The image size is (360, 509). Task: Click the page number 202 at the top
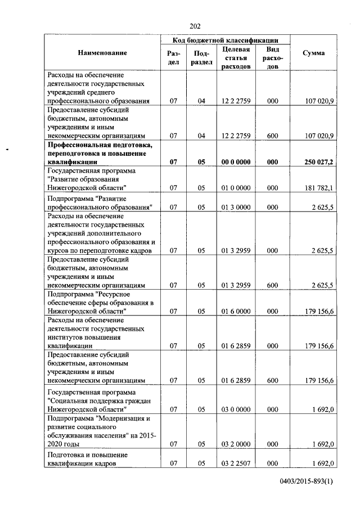pyautogui.click(x=195, y=26)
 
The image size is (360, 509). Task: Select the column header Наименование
pyautogui.click(x=102, y=53)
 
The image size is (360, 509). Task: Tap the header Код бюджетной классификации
pyautogui.click(x=226, y=40)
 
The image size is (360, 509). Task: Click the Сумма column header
pyautogui.click(x=313, y=53)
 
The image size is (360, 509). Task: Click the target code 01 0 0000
pyautogui.click(x=236, y=187)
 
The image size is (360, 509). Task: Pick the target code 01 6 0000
pyautogui.click(x=236, y=310)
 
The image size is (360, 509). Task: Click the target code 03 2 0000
pyautogui.click(x=236, y=444)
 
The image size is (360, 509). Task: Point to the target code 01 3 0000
pyautogui.click(x=236, y=207)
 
